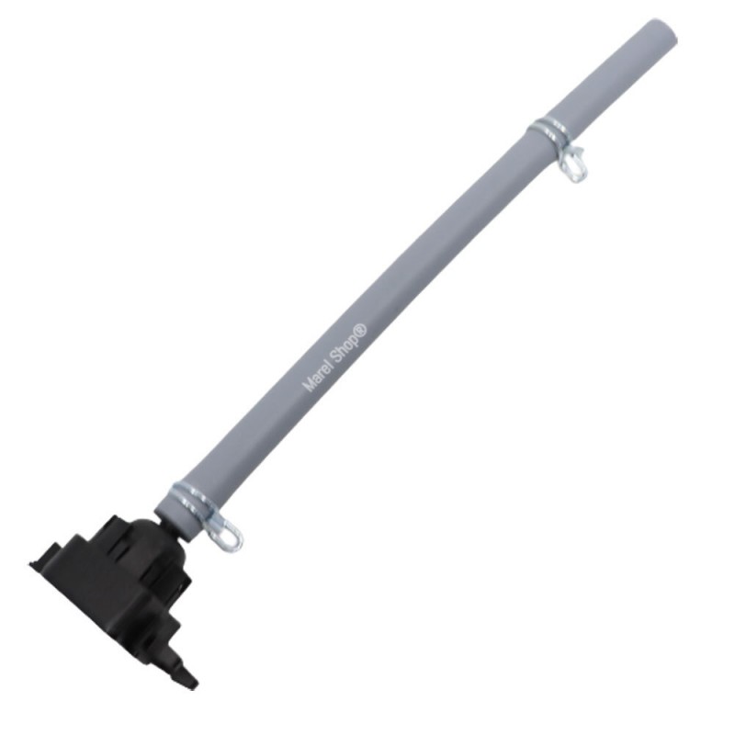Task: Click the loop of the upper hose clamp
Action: (573, 162)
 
